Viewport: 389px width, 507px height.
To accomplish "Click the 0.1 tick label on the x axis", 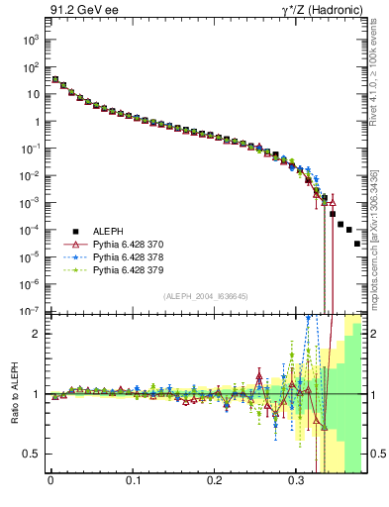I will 133,485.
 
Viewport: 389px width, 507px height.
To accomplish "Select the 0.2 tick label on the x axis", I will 215,485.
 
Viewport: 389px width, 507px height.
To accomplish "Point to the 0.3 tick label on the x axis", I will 297,485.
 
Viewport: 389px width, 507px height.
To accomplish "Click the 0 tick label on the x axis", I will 50,485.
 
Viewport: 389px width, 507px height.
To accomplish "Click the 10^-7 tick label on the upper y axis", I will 31,311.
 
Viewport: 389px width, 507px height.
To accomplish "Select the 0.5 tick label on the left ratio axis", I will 32,454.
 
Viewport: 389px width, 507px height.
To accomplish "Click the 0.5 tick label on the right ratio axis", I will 377,454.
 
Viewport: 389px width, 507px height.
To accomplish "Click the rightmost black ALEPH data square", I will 357,243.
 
